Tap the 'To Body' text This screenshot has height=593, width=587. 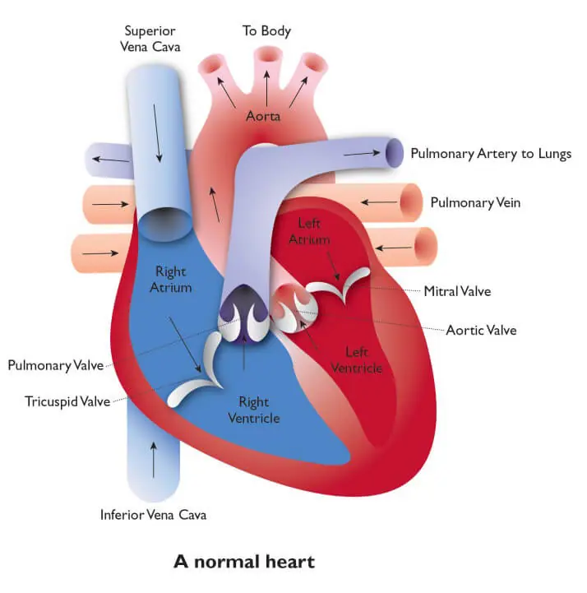(266, 31)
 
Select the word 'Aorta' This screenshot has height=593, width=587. (263, 116)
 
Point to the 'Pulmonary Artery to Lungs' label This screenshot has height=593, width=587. (490, 154)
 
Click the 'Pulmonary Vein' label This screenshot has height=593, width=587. (474, 202)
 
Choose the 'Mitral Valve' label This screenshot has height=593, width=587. (458, 290)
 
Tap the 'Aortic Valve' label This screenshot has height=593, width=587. (481, 330)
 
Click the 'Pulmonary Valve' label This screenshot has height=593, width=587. (55, 364)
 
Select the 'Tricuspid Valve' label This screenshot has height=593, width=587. (63, 401)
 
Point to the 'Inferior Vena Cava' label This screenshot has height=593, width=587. (153, 515)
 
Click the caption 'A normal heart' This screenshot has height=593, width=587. (243, 563)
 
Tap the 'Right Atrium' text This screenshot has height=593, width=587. (171, 280)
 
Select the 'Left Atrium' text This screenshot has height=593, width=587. (314, 231)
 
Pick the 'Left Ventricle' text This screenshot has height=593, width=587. (356, 359)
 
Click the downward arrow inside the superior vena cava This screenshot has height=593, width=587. (157, 132)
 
